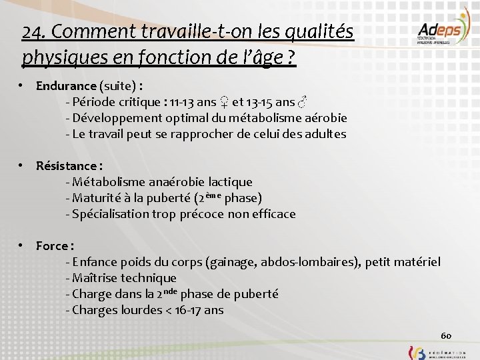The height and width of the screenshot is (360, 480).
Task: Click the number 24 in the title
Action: tap(31, 31)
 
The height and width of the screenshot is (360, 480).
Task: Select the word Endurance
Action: tap(66, 86)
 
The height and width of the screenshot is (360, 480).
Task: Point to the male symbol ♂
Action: tap(303, 102)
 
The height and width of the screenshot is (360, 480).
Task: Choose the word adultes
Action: tap(323, 134)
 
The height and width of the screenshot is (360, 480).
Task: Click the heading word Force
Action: tap(52, 246)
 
